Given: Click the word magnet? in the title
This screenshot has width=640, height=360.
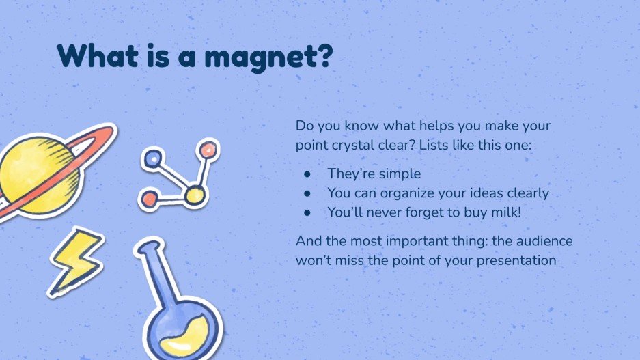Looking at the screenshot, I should coord(273,55).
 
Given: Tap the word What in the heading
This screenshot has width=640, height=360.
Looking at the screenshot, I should coord(95,55).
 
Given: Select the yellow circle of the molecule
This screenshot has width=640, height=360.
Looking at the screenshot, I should coord(194,195).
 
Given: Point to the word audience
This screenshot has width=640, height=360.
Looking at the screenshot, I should coord(541,241).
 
